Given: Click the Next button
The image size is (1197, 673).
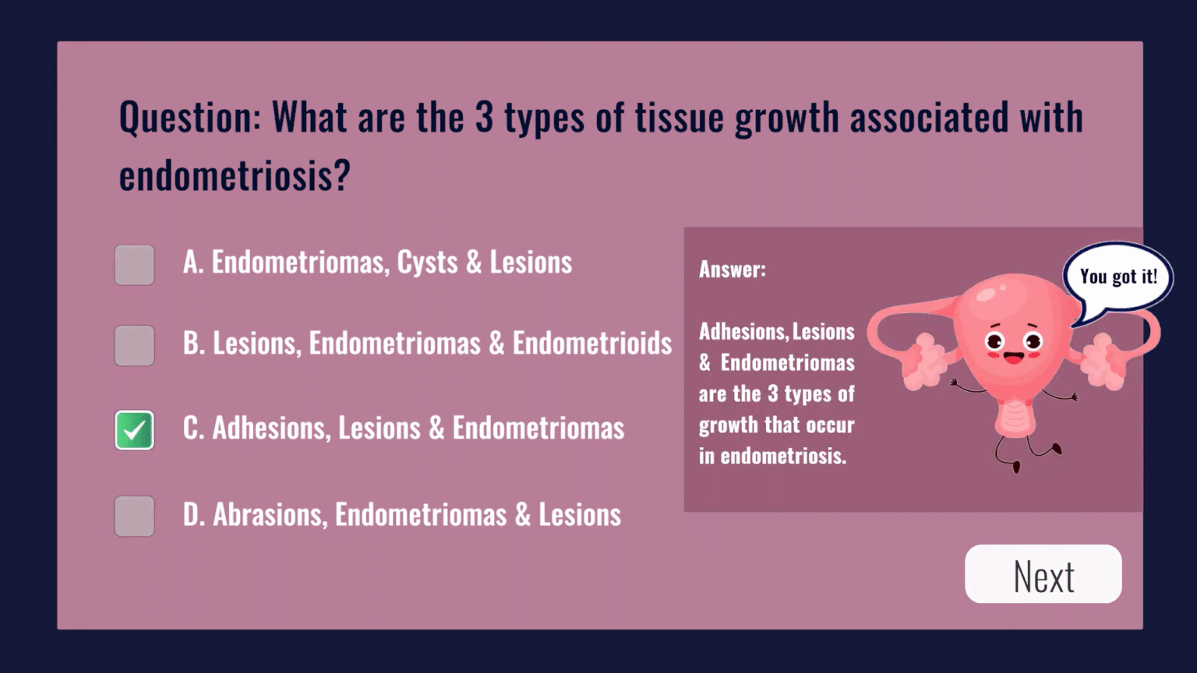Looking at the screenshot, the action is [x=1043, y=574].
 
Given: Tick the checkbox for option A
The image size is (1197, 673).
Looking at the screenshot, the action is [x=134, y=265].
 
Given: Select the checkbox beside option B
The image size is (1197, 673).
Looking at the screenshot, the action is [x=134, y=346].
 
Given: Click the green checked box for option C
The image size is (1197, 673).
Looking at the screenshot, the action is [x=134, y=430].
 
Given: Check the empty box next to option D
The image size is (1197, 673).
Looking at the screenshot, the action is [x=134, y=516].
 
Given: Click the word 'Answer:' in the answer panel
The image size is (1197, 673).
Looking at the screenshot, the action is [x=732, y=270].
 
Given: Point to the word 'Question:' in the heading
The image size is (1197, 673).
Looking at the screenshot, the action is [x=189, y=118].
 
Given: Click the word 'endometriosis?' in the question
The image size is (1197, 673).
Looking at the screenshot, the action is [x=234, y=175].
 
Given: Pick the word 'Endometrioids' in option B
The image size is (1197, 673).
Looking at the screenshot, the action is [x=592, y=344].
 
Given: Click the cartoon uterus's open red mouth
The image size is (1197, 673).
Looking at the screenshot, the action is [x=1014, y=358].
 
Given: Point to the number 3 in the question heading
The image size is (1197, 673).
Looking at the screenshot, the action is [x=484, y=117].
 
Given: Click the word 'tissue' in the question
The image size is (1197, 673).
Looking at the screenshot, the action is [x=680, y=117].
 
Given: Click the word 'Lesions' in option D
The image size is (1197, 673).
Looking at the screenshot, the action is [x=580, y=514].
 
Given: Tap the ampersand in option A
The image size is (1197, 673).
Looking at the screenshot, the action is [x=474, y=263].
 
